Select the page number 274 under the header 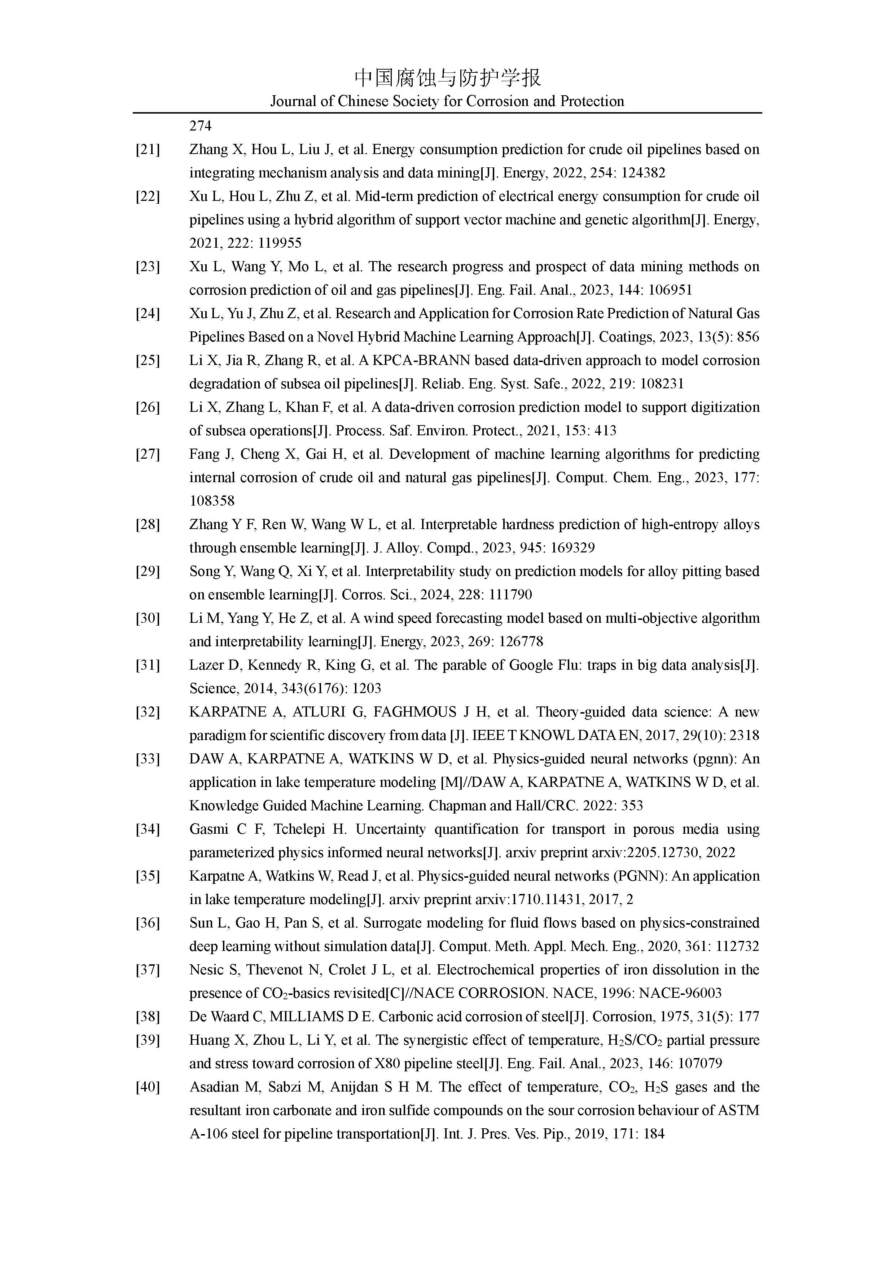tap(201, 126)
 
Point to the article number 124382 tap(643, 173)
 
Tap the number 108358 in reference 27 tap(212, 501)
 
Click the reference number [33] tap(148, 759)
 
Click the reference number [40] tap(148, 1088)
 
